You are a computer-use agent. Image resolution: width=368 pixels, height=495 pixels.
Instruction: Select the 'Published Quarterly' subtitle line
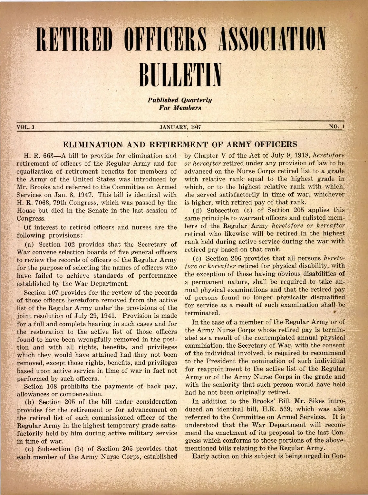pos(180,100)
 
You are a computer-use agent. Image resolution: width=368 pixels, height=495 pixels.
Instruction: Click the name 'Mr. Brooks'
pos(32,187)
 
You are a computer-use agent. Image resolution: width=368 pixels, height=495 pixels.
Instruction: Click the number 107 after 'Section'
pos(54,292)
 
